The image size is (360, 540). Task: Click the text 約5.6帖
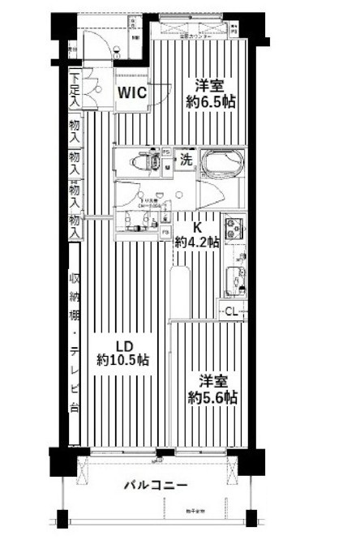coord(213,397)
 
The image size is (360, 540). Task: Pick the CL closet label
coord(231,310)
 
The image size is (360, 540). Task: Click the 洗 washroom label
coord(185,160)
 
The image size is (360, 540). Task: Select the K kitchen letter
coord(196,227)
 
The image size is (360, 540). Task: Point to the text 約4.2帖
coord(199,241)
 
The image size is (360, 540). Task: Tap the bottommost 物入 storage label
coord(75,225)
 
